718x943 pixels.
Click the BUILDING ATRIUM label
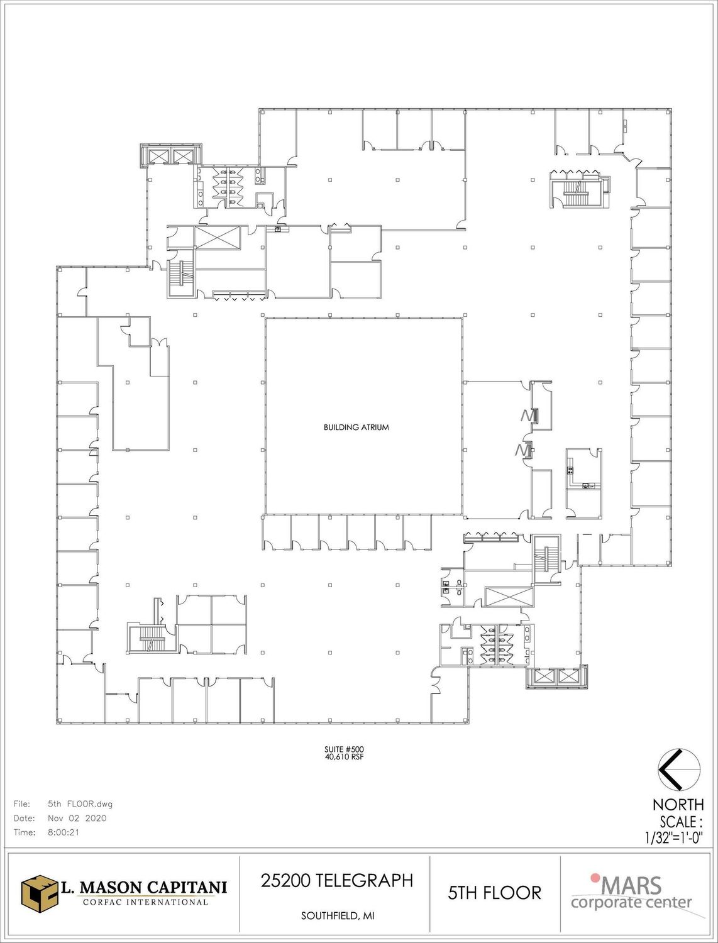coord(356,427)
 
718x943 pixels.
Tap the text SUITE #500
coord(344,750)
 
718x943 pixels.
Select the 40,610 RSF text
coord(344,757)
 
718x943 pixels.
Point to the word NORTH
coord(678,805)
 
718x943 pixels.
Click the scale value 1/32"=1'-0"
coord(673,838)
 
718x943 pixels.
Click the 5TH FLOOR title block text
coord(495,893)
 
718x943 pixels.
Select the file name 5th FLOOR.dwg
coord(80,804)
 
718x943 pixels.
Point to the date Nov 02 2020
coord(77,819)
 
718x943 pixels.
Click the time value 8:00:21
coord(64,832)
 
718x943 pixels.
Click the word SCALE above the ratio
coord(682,822)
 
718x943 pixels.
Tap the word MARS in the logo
coord(632,885)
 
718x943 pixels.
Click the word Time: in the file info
coord(25,832)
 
